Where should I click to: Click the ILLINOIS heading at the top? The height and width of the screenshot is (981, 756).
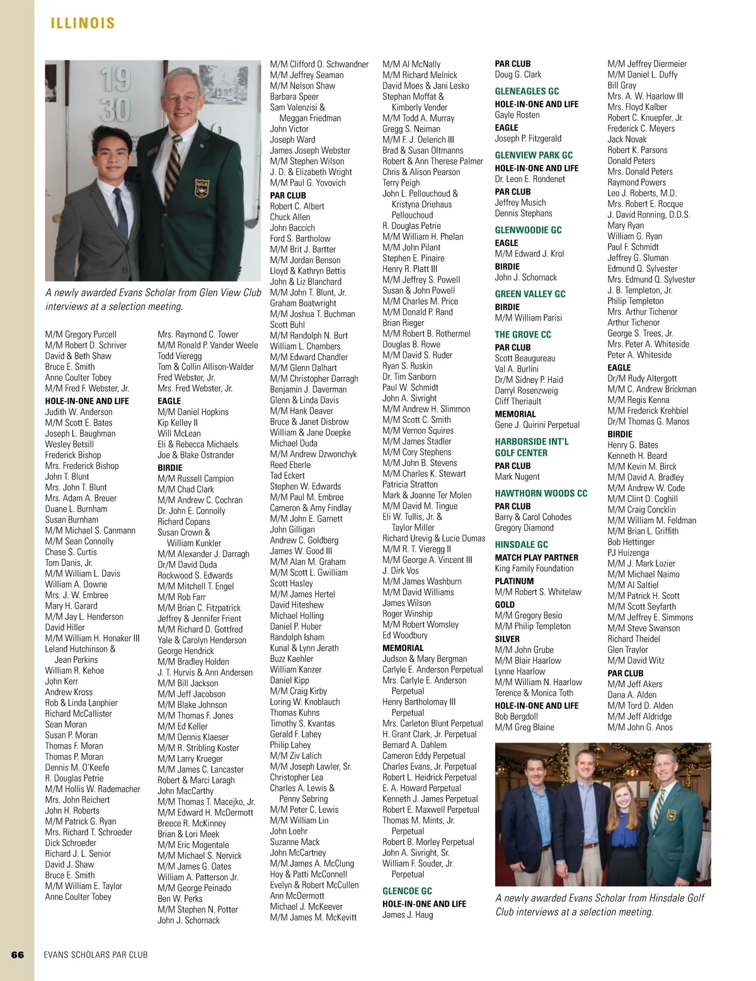click(x=83, y=23)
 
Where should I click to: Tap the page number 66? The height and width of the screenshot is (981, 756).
click(x=18, y=955)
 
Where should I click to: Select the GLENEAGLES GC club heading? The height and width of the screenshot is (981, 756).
click(x=527, y=91)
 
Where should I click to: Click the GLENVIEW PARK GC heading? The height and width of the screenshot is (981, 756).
click(x=534, y=155)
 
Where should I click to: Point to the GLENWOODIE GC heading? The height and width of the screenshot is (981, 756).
click(x=528, y=230)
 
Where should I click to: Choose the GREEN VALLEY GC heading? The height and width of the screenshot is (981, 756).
click(x=530, y=294)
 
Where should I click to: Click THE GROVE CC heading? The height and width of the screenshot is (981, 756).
click(x=522, y=334)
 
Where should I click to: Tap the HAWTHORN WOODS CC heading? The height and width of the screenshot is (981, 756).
click(x=541, y=494)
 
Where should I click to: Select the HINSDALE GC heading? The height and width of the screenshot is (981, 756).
click(x=521, y=545)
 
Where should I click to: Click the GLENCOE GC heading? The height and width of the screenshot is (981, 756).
click(x=407, y=891)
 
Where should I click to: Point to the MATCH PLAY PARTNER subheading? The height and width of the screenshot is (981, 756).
click(x=536, y=558)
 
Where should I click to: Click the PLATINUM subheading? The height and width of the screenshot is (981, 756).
click(x=514, y=581)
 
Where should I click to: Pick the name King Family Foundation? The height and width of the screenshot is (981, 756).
click(x=534, y=569)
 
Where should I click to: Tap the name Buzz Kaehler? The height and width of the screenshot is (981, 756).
click(x=291, y=659)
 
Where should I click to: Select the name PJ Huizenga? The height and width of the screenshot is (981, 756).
click(x=627, y=553)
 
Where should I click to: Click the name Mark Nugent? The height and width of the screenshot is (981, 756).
click(x=517, y=477)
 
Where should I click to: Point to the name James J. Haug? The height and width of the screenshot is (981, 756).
click(x=408, y=915)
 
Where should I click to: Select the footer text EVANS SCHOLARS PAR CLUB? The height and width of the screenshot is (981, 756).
click(x=96, y=955)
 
